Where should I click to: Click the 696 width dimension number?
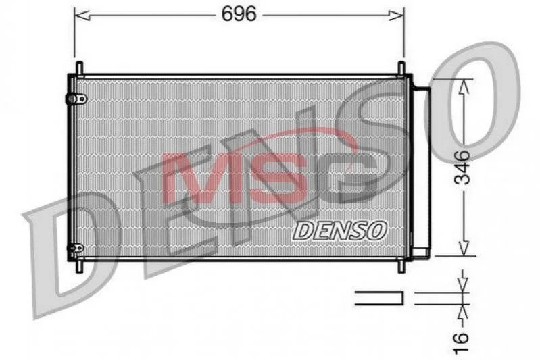pos(239,14)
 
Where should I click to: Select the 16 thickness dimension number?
pos(461,342)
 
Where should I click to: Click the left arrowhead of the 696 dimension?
pos(82,15)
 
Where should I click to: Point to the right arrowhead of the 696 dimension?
pos(396,15)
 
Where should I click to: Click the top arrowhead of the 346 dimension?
pos(464,86)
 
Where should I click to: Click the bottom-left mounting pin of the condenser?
pos(79,265)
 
